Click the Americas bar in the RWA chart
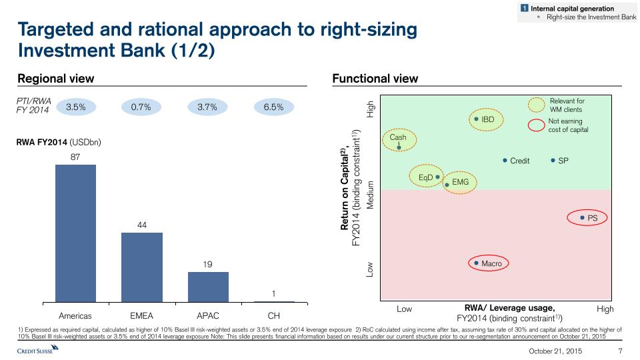coord(75,233)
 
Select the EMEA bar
coord(141,267)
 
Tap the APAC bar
coord(208,287)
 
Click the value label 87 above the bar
coord(75,157)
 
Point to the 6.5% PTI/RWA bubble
coord(273,107)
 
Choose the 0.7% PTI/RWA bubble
coord(141,107)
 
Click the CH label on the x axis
coord(273,315)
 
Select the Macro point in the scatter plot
coord(476,263)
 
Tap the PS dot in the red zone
coord(582,217)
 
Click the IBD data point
coord(477,119)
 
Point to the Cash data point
coord(399,147)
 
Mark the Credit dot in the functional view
coord(505,161)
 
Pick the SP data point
coord(553,161)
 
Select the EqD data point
coord(437,177)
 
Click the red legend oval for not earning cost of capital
coord(536,125)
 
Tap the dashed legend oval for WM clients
coord(536,105)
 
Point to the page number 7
coord(621,351)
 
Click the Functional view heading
coord(375,79)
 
